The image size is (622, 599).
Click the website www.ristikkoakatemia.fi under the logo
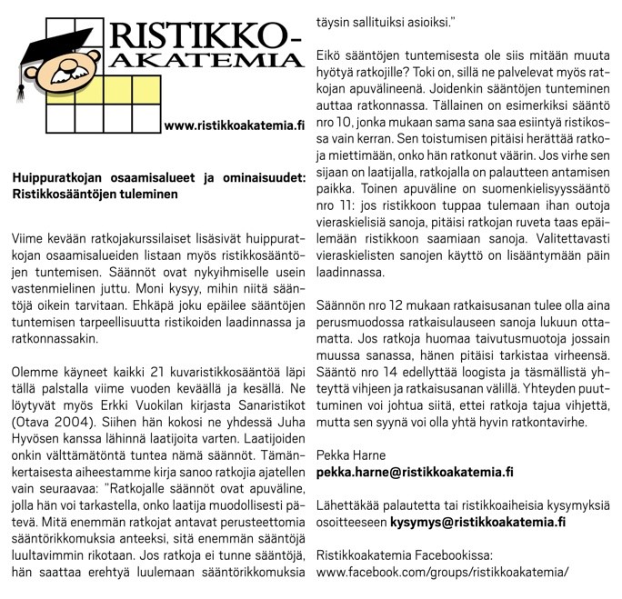coord(234,125)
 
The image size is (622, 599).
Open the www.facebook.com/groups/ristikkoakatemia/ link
coord(442,572)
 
